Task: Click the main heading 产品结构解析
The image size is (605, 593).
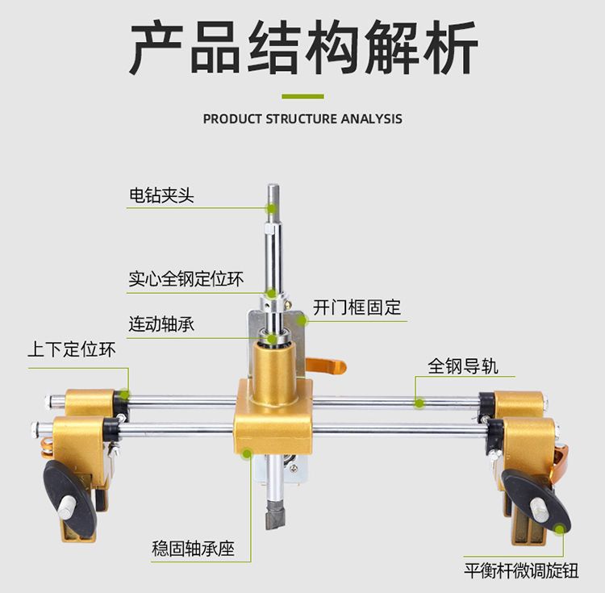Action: (302, 49)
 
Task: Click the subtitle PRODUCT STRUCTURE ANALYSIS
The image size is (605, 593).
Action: (302, 119)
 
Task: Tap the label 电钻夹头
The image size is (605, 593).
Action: (161, 195)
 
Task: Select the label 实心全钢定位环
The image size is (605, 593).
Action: (186, 280)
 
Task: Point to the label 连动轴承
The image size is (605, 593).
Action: (161, 324)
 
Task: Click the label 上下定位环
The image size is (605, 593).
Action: (72, 350)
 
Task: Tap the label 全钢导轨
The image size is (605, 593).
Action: (463, 365)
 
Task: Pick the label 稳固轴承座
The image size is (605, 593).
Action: (193, 549)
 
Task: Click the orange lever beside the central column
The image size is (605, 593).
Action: (329, 367)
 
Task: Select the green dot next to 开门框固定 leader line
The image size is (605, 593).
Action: (303, 320)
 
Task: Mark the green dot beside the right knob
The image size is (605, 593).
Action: (561, 528)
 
